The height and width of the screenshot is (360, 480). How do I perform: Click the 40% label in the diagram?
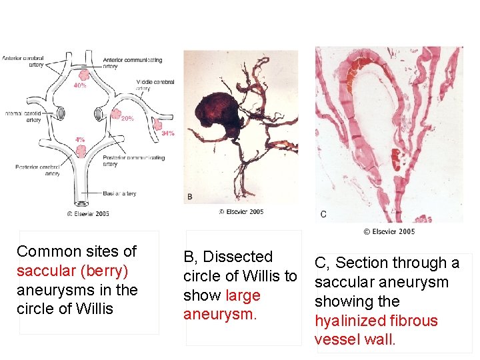pyautogui.click(x=80, y=86)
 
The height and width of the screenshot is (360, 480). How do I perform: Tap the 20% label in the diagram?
pyautogui.click(x=127, y=119)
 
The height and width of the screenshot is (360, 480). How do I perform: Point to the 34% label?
pyautogui.click(x=168, y=133)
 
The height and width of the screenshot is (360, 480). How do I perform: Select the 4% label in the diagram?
pyautogui.click(x=80, y=140)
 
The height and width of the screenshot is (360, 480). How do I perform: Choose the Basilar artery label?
pyautogui.click(x=119, y=194)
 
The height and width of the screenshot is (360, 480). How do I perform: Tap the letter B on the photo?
pyautogui.click(x=190, y=197)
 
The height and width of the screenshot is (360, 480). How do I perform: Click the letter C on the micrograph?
pyautogui.click(x=323, y=214)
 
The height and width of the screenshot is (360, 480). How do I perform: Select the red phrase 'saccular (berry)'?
pyautogui.click(x=73, y=271)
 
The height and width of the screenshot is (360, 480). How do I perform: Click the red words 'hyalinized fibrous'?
pyautogui.click(x=376, y=321)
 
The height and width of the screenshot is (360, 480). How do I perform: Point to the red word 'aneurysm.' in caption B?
pyautogui.click(x=220, y=314)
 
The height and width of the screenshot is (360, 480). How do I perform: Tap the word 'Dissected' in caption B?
pyautogui.click(x=237, y=257)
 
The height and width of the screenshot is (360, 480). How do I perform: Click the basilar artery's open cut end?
pyautogui.click(x=82, y=203)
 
